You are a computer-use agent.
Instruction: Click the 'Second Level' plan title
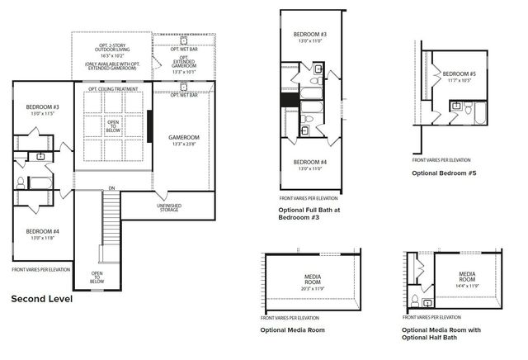pos(41,299)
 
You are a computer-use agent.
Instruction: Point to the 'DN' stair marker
pos(110,187)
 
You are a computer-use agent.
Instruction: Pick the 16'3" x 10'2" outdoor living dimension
pos(111,54)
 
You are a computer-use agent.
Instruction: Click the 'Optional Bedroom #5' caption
pos(445,173)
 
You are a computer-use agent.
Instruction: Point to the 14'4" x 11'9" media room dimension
pos(467,285)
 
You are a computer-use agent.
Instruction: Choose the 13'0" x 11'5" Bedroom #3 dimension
pos(41,113)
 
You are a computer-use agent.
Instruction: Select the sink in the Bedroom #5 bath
pos(455,105)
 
